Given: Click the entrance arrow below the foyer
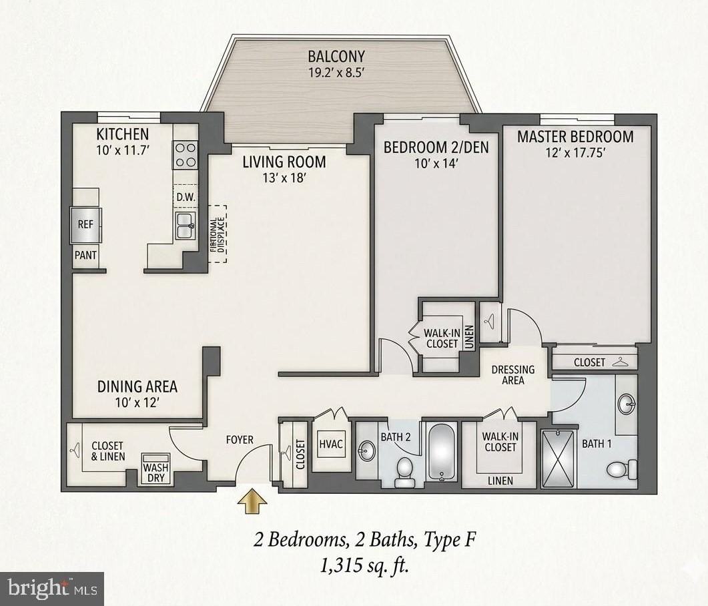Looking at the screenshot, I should tap(252, 501).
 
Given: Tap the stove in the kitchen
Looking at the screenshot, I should tap(186, 155).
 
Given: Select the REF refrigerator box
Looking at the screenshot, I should tap(86, 225).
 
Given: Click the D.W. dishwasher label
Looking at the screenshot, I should tap(185, 198).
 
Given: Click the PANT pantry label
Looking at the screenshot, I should tap(85, 255).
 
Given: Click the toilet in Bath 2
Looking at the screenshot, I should tap(404, 471).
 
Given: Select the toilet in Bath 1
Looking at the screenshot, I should tap(621, 469).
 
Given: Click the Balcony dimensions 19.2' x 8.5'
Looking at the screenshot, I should tap(336, 74).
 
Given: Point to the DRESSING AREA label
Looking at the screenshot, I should tap(512, 374).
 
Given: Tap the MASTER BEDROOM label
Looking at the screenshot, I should tap(575, 137).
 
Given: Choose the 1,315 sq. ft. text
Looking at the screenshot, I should tap(364, 567).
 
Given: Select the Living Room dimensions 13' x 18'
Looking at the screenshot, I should tap(284, 178).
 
